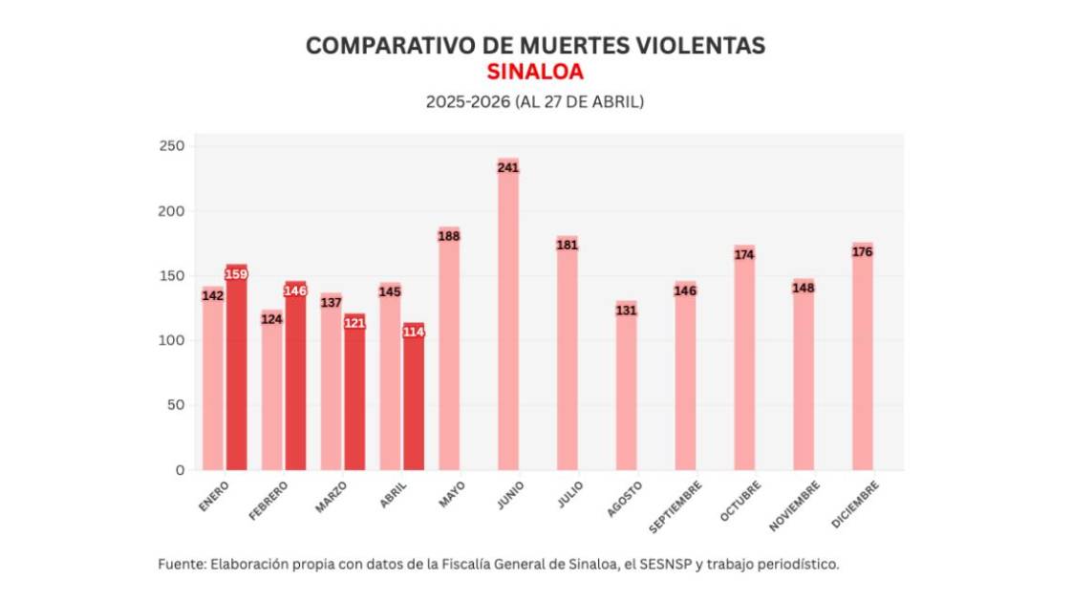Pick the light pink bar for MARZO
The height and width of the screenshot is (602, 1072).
(x=331, y=392)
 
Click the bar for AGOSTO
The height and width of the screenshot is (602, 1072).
(x=626, y=392)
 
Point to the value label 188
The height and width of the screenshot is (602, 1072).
(x=449, y=236)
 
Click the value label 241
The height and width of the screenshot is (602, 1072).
(x=507, y=167)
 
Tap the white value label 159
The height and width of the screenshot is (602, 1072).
(x=236, y=274)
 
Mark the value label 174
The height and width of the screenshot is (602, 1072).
(x=744, y=254)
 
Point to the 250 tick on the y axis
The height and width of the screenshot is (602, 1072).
(x=172, y=146)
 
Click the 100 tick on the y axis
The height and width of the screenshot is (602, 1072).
(x=172, y=341)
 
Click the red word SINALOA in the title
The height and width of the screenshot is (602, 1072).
(x=535, y=73)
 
